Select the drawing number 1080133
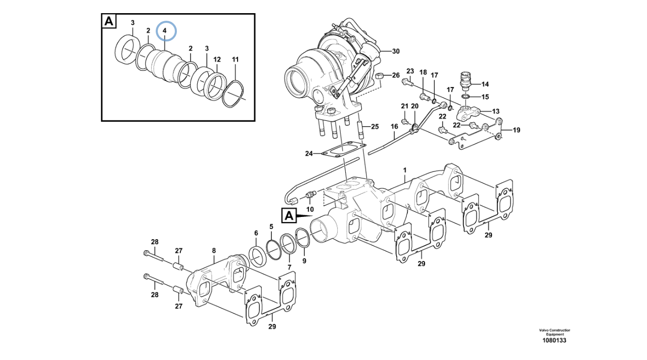tap(554, 340)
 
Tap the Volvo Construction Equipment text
tap(554, 332)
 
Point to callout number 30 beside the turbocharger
tap(395, 51)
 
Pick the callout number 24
tap(309, 153)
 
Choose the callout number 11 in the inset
tap(235, 60)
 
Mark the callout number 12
tap(216, 60)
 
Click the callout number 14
tap(485, 84)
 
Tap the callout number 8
tap(214, 250)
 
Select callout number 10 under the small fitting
tap(310, 209)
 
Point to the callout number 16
tap(394, 126)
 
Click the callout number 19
tap(516, 130)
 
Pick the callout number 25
tap(374, 126)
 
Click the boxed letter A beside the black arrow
tap(289, 215)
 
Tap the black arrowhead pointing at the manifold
tap(304, 216)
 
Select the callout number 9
tap(304, 261)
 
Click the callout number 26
tap(395, 76)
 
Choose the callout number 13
tap(495, 111)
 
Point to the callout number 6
tap(256, 233)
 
